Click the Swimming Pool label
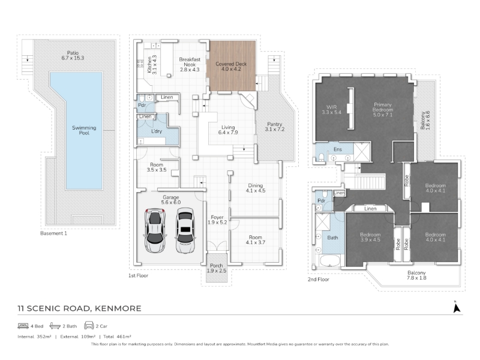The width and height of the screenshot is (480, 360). (x=84, y=130)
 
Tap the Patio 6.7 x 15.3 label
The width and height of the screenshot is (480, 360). (x=73, y=55)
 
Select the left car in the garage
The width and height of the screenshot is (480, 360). (x=155, y=230)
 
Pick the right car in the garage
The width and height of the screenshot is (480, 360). (x=185, y=230)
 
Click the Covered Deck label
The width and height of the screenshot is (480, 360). (x=231, y=67)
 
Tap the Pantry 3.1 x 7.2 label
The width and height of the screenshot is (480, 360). (x=275, y=127)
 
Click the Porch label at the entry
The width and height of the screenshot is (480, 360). (x=217, y=266)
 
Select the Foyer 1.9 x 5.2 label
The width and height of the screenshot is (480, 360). (x=217, y=220)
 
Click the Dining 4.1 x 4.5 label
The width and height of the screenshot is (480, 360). (x=256, y=188)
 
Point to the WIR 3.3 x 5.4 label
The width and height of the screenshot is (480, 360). (x=332, y=110)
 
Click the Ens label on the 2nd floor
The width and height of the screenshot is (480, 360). (x=338, y=149)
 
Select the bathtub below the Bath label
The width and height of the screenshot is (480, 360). (x=329, y=261)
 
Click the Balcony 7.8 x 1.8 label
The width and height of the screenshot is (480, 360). (x=416, y=275)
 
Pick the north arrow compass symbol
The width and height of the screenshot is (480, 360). (x=457, y=307)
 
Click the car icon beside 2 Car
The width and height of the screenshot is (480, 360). (x=89, y=325)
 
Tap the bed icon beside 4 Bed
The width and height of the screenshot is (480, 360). (x=23, y=326)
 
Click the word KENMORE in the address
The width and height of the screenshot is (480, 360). (x=118, y=308)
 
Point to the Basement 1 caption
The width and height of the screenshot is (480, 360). (x=53, y=233)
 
